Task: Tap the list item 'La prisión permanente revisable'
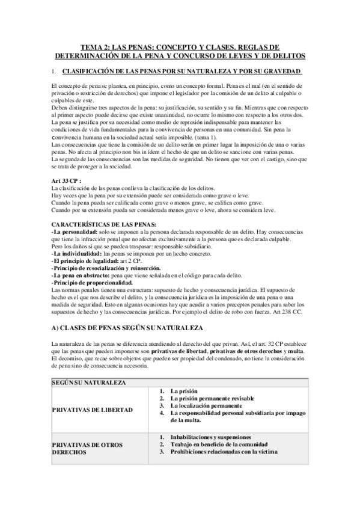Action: [x=212, y=398]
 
